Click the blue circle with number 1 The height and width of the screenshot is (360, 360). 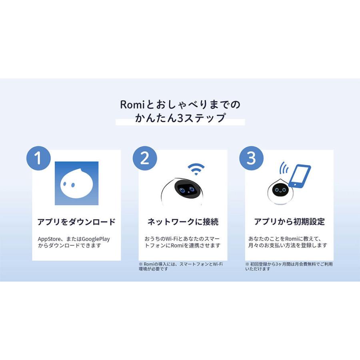38,158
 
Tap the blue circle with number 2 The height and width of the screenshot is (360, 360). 145,158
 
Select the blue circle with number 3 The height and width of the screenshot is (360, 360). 251,158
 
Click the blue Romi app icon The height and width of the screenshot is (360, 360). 76,184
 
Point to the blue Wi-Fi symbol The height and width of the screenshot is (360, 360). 196,169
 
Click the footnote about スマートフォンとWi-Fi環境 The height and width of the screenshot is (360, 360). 181,266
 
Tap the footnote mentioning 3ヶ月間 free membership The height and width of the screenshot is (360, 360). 288,266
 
